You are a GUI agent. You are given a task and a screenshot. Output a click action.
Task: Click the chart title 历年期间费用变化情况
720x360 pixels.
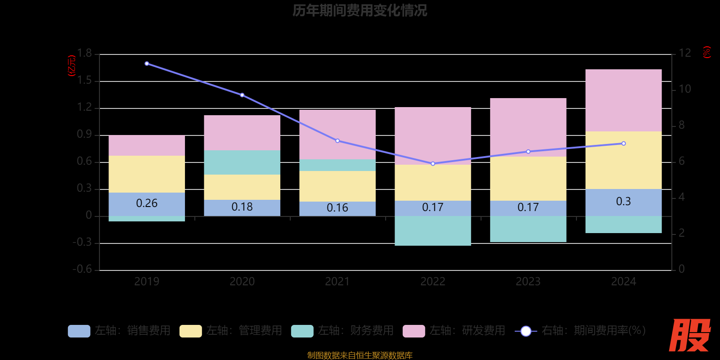pyautogui.click(x=360, y=10)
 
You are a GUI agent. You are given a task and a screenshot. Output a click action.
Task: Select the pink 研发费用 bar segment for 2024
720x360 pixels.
pyautogui.click(x=623, y=100)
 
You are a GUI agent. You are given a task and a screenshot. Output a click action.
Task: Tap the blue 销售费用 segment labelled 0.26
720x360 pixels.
pyautogui.click(x=147, y=203)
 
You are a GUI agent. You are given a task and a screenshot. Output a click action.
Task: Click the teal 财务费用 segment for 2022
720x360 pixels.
pyautogui.click(x=432, y=230)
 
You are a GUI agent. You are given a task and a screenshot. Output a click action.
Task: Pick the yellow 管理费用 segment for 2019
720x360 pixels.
pyautogui.click(x=147, y=174)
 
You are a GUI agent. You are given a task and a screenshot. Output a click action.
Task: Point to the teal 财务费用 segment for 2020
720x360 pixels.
pyautogui.click(x=242, y=162)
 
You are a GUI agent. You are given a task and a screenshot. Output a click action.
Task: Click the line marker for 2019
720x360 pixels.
pyautogui.click(x=147, y=63)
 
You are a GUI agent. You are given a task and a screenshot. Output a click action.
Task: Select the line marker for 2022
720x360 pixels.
pyautogui.click(x=433, y=164)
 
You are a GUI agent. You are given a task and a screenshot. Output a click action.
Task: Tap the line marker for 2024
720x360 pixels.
pyautogui.click(x=623, y=144)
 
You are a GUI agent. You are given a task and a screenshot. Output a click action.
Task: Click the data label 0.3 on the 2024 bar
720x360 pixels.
pyautogui.click(x=623, y=201)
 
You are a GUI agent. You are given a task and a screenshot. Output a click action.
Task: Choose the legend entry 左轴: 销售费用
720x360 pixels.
pyautogui.click(x=120, y=331)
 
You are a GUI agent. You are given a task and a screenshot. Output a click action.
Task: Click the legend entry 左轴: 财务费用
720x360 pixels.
pyautogui.click(x=343, y=331)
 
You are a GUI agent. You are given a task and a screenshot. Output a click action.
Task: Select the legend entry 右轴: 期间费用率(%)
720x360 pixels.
pyautogui.click(x=580, y=331)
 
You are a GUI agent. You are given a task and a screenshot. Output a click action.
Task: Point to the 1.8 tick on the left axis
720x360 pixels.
pyautogui.click(x=84, y=54)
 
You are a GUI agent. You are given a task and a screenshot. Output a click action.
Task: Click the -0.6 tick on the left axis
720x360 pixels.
pyautogui.click(x=82, y=269)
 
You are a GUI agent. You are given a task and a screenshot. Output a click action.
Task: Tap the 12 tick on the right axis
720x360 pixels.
pyautogui.click(x=684, y=53)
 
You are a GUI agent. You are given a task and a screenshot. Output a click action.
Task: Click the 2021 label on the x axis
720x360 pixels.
pyautogui.click(x=337, y=282)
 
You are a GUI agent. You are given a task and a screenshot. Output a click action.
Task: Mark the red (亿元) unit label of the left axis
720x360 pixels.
pyautogui.click(x=71, y=66)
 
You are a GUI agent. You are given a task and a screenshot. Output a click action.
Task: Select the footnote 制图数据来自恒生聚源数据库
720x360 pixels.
pyautogui.click(x=360, y=355)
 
